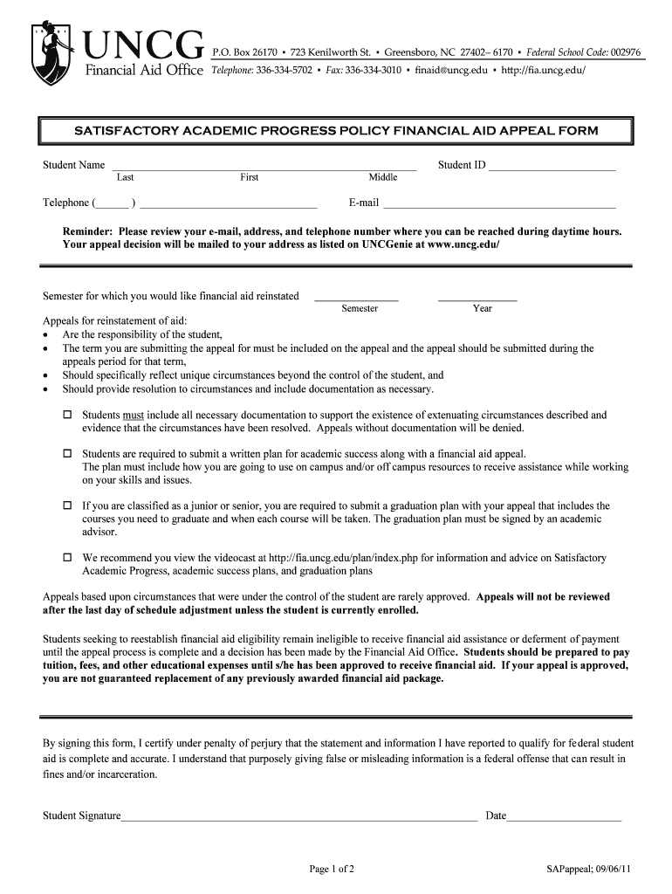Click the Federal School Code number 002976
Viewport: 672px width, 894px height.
click(x=626, y=52)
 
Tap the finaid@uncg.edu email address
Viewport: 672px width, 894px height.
click(x=451, y=69)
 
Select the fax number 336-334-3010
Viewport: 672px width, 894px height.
click(x=373, y=69)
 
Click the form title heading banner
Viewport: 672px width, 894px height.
click(x=336, y=131)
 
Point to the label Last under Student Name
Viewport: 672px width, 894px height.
click(x=125, y=177)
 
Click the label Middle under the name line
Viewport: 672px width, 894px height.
click(x=382, y=177)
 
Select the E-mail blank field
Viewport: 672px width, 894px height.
click(x=499, y=205)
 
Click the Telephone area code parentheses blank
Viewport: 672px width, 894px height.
click(x=113, y=205)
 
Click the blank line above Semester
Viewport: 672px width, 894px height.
click(x=356, y=298)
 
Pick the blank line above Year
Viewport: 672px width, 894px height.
click(x=477, y=298)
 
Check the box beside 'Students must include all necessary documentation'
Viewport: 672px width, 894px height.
click(x=67, y=416)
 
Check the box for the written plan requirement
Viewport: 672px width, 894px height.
click(x=67, y=455)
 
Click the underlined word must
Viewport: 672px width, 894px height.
click(x=134, y=416)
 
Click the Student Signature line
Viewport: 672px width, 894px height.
click(x=298, y=817)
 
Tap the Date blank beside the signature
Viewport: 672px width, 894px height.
click(x=564, y=817)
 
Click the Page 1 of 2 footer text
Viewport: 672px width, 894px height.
click(x=332, y=869)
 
